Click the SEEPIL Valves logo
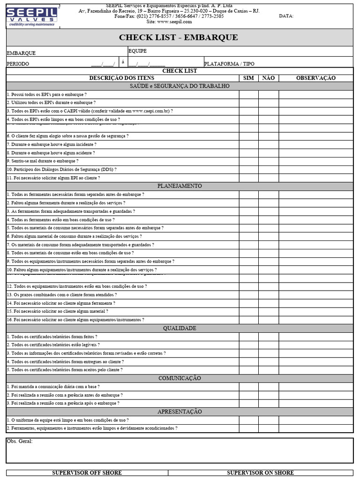(31, 15)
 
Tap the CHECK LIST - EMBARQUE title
(178, 37)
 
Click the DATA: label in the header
(286, 16)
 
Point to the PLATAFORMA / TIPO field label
(229, 64)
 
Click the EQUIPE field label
(137, 51)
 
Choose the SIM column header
(249, 78)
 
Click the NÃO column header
(269, 78)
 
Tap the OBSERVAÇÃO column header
(315, 78)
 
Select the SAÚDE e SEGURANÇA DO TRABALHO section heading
(180, 86)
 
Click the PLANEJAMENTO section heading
(180, 186)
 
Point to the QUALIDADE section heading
(180, 328)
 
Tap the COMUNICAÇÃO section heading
(180, 378)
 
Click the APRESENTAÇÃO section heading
(180, 412)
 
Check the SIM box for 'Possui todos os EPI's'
(249, 94)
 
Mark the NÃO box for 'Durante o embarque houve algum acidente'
(269, 153)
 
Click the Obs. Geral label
(20, 442)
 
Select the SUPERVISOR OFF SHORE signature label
(87, 472)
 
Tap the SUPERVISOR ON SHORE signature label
(261, 472)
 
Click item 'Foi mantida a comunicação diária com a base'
(53, 387)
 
